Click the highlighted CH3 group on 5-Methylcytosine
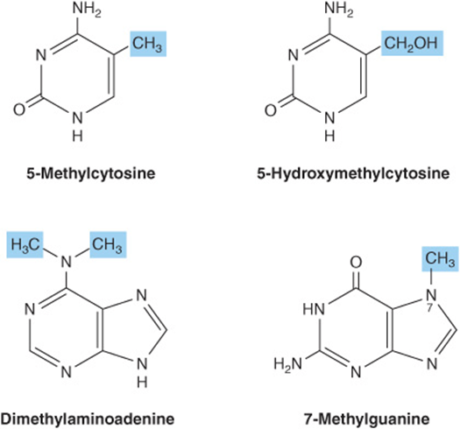pyautogui.click(x=148, y=44)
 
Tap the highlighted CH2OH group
pyautogui.click(x=412, y=43)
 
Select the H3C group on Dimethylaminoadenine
pyautogui.click(x=25, y=244)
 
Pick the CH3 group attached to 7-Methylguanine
pyautogui.click(x=440, y=259)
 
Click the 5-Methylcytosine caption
pyautogui.click(x=90, y=173)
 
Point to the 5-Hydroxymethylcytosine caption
pyautogui.click(x=353, y=173)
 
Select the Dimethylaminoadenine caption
pyautogui.click(x=88, y=418)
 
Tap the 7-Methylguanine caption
pyautogui.click(x=367, y=418)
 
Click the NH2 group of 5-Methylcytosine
pyautogui.click(x=87, y=11)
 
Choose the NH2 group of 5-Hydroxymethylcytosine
pyautogui.click(x=339, y=11)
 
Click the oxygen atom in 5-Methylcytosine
pyautogui.click(x=19, y=109)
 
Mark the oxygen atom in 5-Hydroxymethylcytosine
pyautogui.click(x=271, y=109)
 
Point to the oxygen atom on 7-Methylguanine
pyautogui.click(x=356, y=263)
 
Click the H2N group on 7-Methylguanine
pyautogui.click(x=287, y=363)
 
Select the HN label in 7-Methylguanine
pyautogui.click(x=314, y=309)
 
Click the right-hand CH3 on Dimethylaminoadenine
pyautogui.click(x=108, y=244)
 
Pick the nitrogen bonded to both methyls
pyautogui.click(x=67, y=262)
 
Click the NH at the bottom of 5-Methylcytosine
pyautogui.click(x=77, y=125)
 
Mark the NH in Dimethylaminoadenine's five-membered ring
pyautogui.click(x=142, y=372)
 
